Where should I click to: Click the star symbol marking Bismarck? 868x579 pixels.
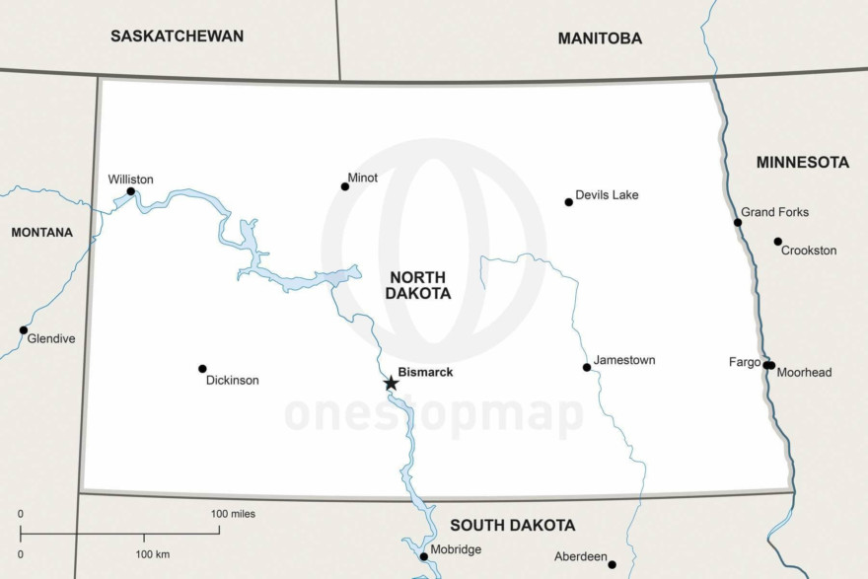click(x=391, y=383)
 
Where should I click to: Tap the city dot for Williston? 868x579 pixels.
click(x=131, y=192)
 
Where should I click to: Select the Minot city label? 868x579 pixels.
click(x=363, y=178)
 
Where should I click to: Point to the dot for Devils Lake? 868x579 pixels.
click(x=568, y=202)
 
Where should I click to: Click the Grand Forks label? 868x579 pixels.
click(x=774, y=212)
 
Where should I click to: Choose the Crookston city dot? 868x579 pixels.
click(x=777, y=242)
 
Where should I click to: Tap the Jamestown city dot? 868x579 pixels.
click(x=587, y=367)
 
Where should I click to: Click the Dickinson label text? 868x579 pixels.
click(x=232, y=380)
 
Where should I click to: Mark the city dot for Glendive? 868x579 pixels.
click(x=24, y=330)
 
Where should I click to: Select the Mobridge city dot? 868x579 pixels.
click(x=424, y=556)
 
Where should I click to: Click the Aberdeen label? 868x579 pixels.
click(x=580, y=556)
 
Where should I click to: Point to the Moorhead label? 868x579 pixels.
click(x=804, y=373)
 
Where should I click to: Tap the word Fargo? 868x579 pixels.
click(x=745, y=362)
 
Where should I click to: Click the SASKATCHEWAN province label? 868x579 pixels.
click(x=177, y=36)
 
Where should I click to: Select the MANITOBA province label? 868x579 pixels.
click(x=600, y=38)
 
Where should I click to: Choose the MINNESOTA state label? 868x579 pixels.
click(x=802, y=162)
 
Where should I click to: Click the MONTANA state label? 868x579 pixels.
click(x=41, y=233)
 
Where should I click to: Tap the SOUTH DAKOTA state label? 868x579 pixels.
click(x=512, y=525)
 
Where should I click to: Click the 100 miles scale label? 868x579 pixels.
click(x=233, y=514)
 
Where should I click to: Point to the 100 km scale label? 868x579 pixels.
click(x=153, y=554)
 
